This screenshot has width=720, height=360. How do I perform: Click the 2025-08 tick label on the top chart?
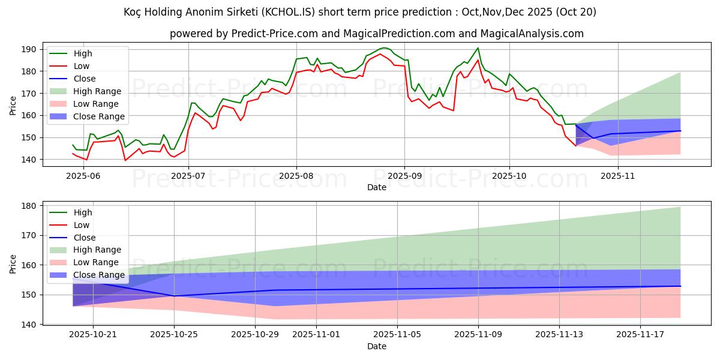(x=296, y=176)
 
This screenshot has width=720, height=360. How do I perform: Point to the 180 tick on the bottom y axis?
(x=30, y=206)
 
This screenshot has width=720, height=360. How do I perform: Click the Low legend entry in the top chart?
(x=82, y=66)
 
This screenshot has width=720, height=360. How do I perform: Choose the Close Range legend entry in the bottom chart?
(x=98, y=275)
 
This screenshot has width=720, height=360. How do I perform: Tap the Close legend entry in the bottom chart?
(x=84, y=238)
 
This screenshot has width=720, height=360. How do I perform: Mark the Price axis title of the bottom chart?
(x=13, y=263)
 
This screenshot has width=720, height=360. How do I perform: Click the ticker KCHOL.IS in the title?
(x=309, y=12)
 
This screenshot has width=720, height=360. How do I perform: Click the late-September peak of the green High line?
(x=478, y=48)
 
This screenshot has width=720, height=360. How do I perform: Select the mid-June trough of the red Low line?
(x=125, y=160)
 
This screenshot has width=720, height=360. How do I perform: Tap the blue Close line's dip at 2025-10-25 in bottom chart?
(x=174, y=296)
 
